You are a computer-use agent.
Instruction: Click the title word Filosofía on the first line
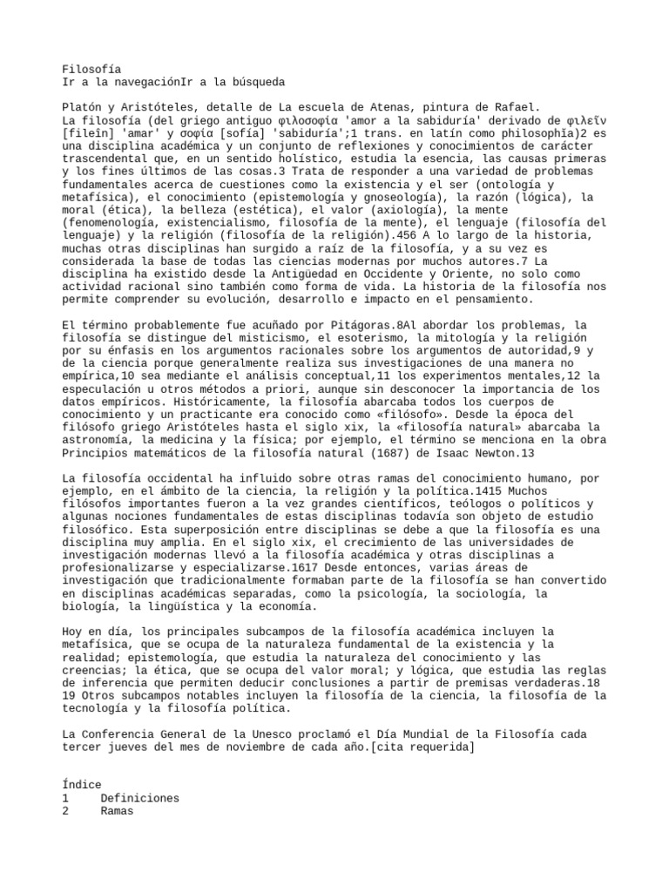(91, 69)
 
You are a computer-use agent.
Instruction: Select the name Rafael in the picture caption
(519, 106)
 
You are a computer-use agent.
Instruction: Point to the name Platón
(82, 106)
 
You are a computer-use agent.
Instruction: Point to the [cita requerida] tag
(423, 747)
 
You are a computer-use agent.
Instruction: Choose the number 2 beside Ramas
(65, 811)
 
